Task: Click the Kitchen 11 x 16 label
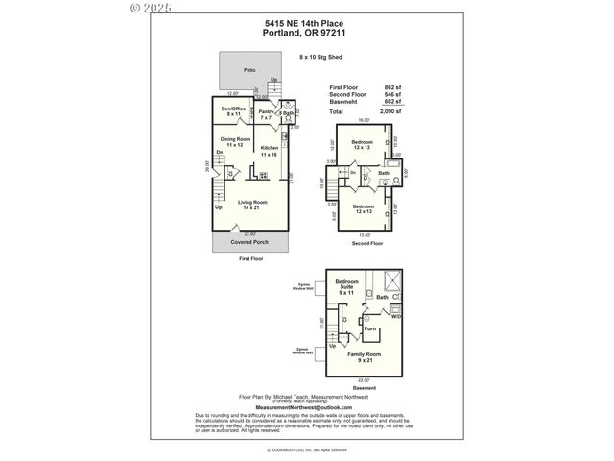point(270,151)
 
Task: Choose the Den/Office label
point(234,111)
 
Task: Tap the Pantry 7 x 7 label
point(267,114)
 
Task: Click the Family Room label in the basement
point(363,357)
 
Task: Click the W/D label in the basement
point(395,316)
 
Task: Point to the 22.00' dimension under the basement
point(363,379)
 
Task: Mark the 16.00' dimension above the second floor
point(363,122)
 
